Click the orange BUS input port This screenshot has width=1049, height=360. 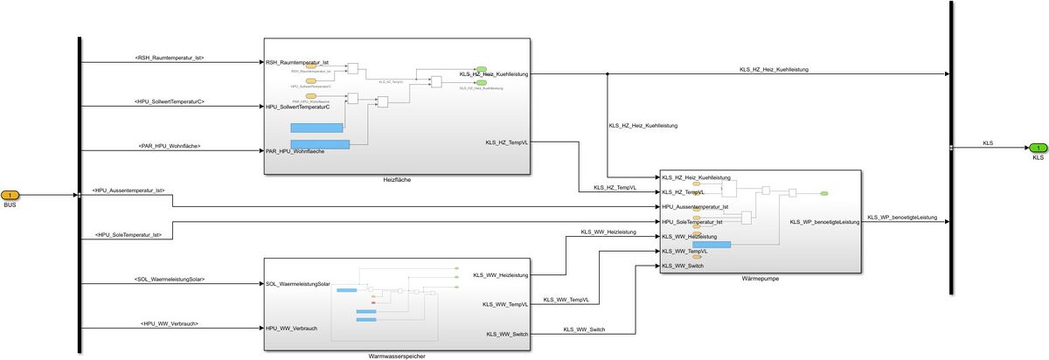coord(10,194)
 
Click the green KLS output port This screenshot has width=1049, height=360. coord(1038,148)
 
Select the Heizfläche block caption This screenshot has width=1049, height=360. coord(397,180)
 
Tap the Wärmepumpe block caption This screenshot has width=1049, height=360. coord(759,279)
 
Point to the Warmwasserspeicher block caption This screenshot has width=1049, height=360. coord(398,356)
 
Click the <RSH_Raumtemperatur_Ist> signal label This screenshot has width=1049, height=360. coord(170,58)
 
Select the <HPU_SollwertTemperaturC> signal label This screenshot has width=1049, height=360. coord(170,102)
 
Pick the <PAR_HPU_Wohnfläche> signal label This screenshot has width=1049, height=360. coord(170,145)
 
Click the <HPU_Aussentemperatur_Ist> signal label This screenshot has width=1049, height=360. coord(129,190)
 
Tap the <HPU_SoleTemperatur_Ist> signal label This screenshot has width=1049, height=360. coord(129,234)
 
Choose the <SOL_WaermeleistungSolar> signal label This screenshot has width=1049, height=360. coord(170,279)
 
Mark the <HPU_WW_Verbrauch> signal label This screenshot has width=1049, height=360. coord(170,323)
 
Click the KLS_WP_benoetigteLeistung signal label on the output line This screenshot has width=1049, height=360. coord(901,218)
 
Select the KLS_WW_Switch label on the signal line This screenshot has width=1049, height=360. coord(585,329)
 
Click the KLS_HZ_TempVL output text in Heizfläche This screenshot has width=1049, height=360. coord(507,142)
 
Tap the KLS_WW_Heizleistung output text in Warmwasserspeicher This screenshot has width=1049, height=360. coord(501,275)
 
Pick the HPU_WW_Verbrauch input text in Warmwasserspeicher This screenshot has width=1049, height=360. coord(291,329)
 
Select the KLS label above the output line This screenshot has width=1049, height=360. coord(988,142)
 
